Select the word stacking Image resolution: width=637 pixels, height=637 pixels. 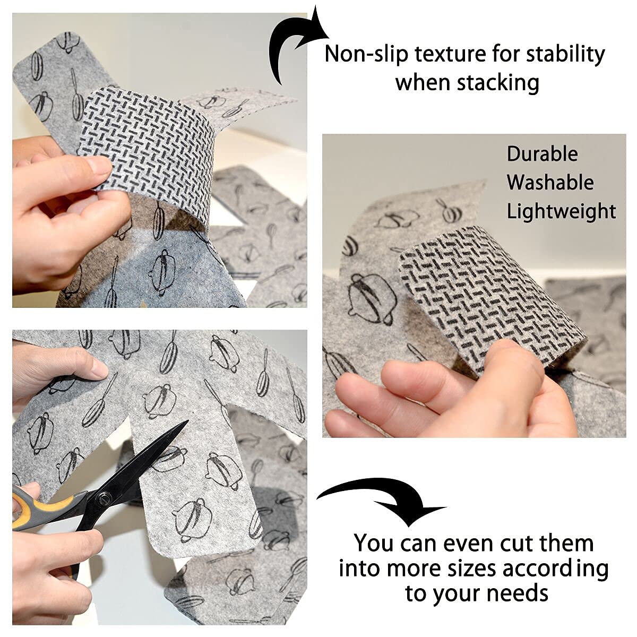tap(498, 83)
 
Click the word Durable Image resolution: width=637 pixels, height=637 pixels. tap(542, 154)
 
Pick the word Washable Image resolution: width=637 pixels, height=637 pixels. tap(550, 182)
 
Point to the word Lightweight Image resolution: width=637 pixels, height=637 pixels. tap(561, 212)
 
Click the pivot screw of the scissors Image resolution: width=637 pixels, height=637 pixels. tap(102, 496)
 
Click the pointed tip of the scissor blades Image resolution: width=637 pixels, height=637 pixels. tap(187, 420)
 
